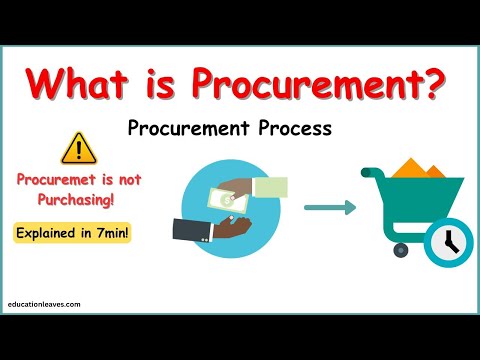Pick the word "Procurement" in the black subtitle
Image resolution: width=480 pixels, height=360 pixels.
coord(189,129)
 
